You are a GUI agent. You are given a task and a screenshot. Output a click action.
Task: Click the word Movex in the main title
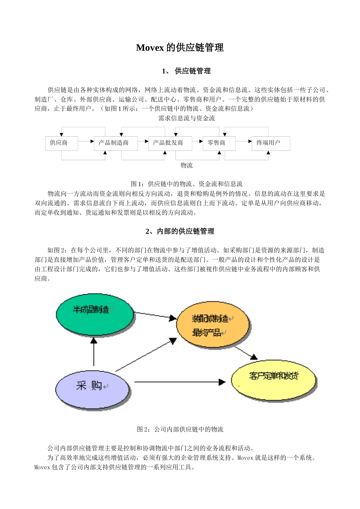[x=150, y=48]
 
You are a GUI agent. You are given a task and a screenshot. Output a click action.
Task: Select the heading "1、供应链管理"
[x=186, y=71]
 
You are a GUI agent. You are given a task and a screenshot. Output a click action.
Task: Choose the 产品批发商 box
[x=170, y=143]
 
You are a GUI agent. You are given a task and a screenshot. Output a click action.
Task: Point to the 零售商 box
[x=219, y=143]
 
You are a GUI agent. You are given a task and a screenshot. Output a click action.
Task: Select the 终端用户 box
[x=271, y=143]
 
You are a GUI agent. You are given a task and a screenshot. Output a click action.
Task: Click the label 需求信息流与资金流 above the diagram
[x=186, y=119]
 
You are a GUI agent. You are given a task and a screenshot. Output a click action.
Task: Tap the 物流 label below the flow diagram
[x=186, y=166]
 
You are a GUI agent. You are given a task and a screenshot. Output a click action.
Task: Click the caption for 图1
[x=186, y=184]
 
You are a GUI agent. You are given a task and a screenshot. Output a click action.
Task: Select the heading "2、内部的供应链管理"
[x=180, y=231]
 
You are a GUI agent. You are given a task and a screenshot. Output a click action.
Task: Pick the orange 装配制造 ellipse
[x=213, y=325]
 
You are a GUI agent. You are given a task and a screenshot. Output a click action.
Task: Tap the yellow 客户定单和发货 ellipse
[x=274, y=379]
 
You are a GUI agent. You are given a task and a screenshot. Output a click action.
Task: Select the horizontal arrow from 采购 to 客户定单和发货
[x=180, y=382]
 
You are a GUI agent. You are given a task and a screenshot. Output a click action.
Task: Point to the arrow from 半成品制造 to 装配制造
[x=155, y=315]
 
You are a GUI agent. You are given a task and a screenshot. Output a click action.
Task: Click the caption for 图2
[x=180, y=429]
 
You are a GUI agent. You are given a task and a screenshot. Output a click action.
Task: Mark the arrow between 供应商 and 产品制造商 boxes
[x=86, y=142]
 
